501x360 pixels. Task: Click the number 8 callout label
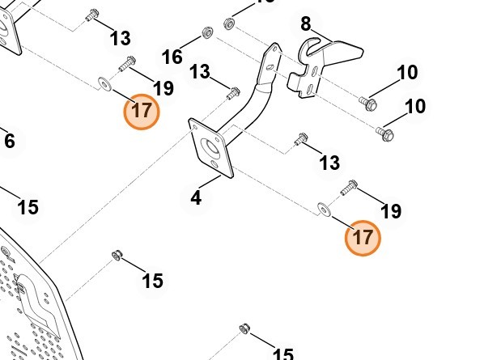[x=306, y=23]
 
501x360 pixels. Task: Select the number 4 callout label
[x=197, y=197]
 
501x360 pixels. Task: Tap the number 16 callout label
[x=172, y=57]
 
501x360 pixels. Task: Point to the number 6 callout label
[x=10, y=142]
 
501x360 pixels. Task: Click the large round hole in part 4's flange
[x=213, y=147]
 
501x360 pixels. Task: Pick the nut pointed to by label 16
[x=206, y=35]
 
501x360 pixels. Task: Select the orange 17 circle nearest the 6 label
[x=142, y=110]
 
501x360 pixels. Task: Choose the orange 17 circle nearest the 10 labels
[x=363, y=238]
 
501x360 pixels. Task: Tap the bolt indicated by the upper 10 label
[x=368, y=103]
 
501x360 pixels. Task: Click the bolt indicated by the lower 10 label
[x=385, y=131]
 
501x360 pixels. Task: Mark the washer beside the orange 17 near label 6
[x=104, y=82]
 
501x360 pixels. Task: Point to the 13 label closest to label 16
[x=200, y=73]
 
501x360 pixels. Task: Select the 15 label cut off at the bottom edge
[x=282, y=354]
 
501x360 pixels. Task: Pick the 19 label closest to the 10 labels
[x=390, y=212]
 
